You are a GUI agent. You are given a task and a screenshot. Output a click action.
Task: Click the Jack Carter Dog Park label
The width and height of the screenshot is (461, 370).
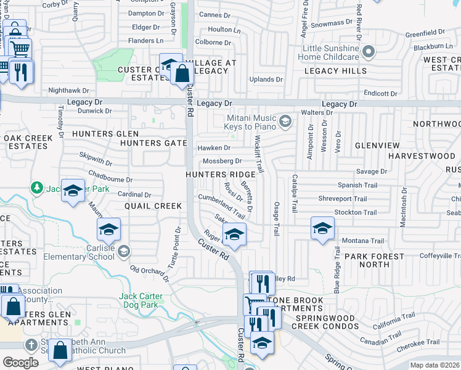[141, 300]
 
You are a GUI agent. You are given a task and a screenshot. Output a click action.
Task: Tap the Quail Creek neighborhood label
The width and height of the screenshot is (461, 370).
[153, 206]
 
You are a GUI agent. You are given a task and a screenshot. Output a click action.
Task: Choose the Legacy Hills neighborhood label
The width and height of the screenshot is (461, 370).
[335, 71]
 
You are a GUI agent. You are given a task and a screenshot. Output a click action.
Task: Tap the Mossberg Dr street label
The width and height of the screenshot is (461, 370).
[222, 161]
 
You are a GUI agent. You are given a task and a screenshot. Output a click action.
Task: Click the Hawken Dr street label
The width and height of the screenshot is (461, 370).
[214, 148]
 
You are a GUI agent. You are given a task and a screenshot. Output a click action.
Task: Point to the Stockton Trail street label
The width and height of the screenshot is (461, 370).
[356, 213]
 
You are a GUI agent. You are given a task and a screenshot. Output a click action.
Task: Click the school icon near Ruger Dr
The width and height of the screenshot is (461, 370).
[234, 234]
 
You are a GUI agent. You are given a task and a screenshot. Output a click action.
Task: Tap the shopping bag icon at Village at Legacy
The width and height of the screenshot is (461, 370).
[182, 74]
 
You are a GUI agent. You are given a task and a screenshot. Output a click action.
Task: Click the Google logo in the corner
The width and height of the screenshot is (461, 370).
[20, 363]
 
